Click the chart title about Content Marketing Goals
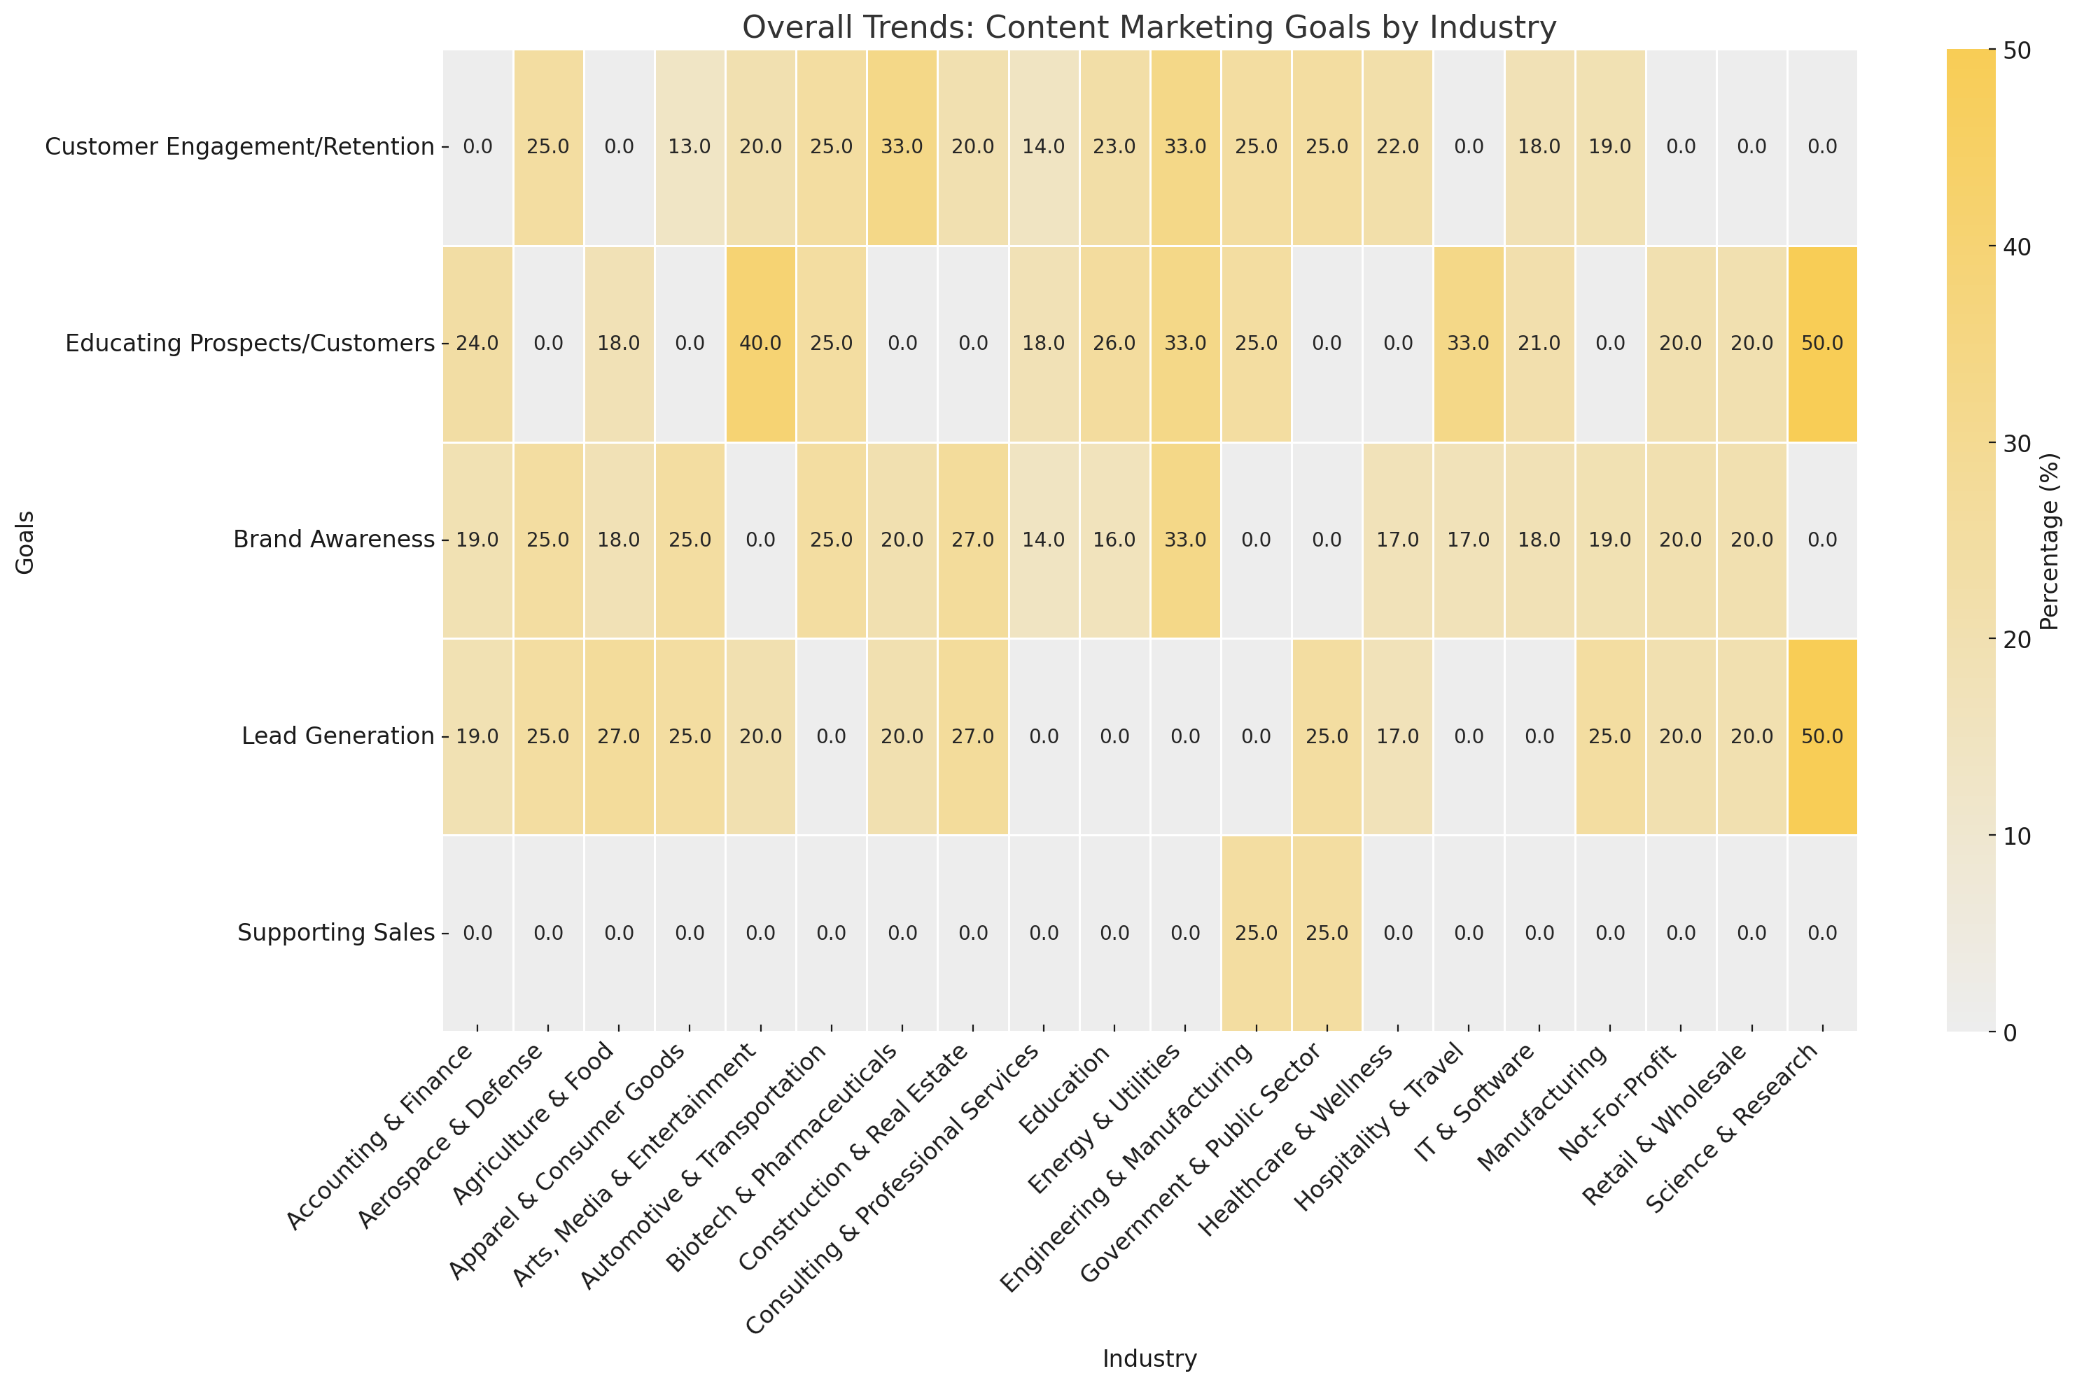pos(1149,28)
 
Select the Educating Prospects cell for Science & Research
pos(1821,344)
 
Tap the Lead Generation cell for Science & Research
pos(1821,736)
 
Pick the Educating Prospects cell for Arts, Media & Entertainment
pos(761,344)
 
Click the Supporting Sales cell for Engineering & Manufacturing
pos(1255,933)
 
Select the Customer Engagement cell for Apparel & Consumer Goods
pos(690,147)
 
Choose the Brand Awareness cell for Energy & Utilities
pos(1184,540)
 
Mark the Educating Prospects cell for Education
pos(1114,344)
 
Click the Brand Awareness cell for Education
pos(1114,540)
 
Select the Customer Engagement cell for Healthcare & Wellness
pos(1398,147)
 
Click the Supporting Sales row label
pos(336,933)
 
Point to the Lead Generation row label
pos(337,736)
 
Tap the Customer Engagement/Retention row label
pos(239,147)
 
